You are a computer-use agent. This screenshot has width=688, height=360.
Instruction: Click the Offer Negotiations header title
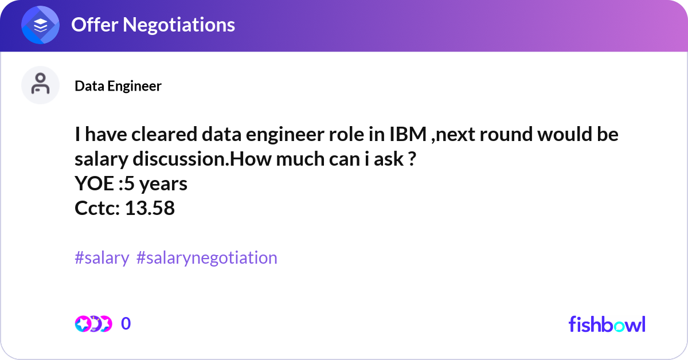click(x=153, y=25)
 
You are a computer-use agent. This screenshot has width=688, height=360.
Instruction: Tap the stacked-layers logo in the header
click(x=41, y=25)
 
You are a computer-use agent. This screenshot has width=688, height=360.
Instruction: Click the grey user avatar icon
click(x=40, y=85)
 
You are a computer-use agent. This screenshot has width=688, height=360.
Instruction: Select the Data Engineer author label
click(x=118, y=86)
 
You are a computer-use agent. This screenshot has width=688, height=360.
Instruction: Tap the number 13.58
click(x=150, y=208)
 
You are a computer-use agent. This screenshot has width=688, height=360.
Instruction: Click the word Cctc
click(x=95, y=208)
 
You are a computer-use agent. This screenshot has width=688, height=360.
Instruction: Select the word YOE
click(x=92, y=184)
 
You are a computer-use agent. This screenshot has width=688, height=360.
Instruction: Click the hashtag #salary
click(x=102, y=257)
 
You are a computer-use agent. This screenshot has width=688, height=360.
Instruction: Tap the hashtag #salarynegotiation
click(x=207, y=257)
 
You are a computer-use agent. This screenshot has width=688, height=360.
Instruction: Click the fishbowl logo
click(x=607, y=324)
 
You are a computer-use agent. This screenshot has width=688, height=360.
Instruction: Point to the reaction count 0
click(x=126, y=324)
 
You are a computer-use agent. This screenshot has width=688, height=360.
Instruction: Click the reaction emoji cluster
click(x=93, y=324)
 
